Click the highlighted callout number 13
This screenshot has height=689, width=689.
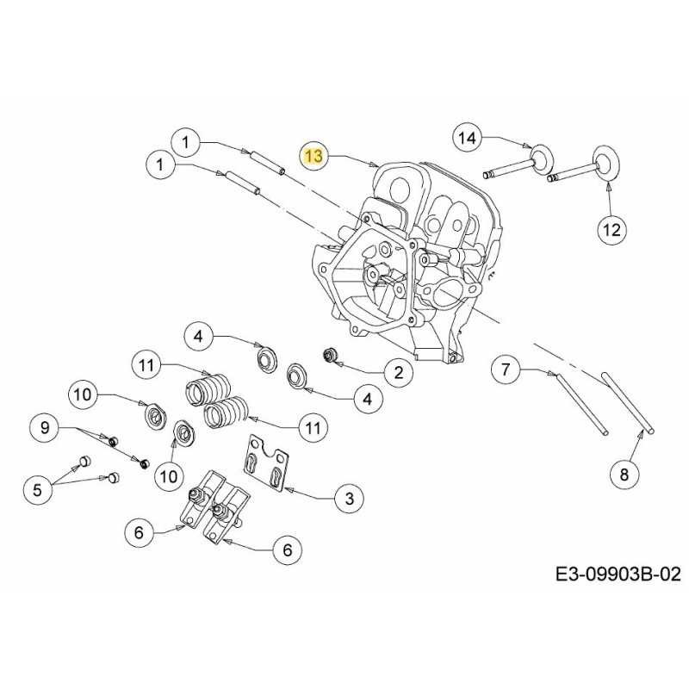pos(313,156)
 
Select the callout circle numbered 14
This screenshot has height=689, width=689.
pos(466,138)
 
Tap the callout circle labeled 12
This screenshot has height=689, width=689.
pos(612,229)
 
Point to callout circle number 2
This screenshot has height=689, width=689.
pos(398,372)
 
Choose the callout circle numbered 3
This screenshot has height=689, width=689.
pos(348,498)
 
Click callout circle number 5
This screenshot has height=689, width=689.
pos(37,490)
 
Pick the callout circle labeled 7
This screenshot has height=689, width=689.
pos(506,370)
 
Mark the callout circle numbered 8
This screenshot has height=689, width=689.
pos(624,472)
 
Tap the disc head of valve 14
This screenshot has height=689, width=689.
pos(542,158)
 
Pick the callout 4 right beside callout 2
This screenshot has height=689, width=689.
pos(367,399)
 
